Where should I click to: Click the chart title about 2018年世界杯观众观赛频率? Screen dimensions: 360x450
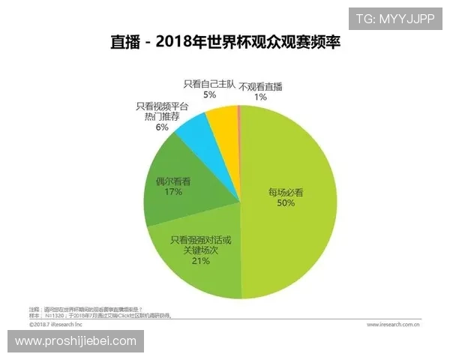click(225, 43)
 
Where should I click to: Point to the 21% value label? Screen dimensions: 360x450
click(199, 263)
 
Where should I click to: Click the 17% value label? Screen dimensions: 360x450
click(174, 193)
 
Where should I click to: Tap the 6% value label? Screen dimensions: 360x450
click(161, 127)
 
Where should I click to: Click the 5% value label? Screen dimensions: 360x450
click(209, 95)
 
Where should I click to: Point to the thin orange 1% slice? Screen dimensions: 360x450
click(238, 112)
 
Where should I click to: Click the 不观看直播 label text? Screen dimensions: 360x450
click(260, 86)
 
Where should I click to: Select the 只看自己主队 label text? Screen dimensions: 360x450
click(209, 84)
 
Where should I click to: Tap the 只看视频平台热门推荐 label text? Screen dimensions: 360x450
click(162, 112)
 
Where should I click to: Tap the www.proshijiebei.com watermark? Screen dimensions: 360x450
click(76, 341)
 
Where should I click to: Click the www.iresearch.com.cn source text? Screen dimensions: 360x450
click(394, 325)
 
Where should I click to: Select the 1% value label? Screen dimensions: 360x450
click(259, 97)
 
